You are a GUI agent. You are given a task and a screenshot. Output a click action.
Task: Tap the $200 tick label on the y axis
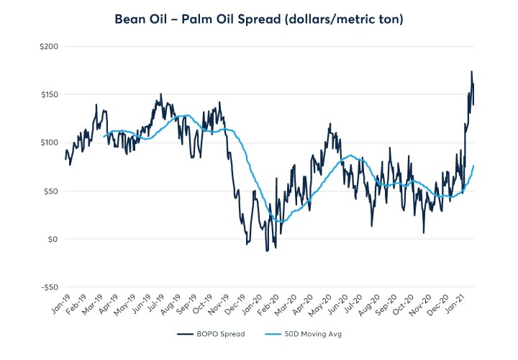[x=49, y=46]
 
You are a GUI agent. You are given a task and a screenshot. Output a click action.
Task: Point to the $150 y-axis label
[x=49, y=94]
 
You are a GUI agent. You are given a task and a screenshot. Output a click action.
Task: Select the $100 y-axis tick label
[x=49, y=143]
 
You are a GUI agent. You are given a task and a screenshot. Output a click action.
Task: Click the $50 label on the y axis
[x=51, y=191]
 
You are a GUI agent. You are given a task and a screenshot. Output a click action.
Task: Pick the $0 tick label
[x=53, y=239]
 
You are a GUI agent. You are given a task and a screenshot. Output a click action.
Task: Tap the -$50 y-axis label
[x=49, y=287]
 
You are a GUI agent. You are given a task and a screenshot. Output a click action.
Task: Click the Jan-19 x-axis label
[x=58, y=308]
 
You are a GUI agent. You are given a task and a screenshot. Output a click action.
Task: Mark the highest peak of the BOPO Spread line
[x=471, y=71]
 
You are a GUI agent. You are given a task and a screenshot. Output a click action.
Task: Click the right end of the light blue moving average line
[x=473, y=166]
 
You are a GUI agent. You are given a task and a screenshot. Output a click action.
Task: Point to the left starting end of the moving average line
[x=104, y=136]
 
